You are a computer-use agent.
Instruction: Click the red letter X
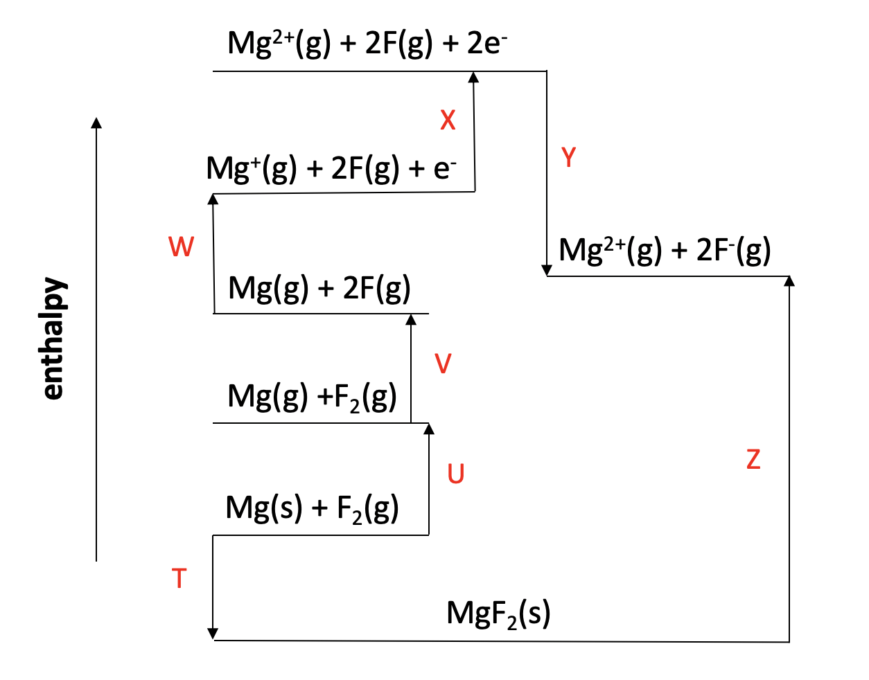click(x=448, y=120)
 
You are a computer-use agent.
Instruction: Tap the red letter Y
click(x=569, y=158)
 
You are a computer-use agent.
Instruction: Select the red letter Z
click(x=753, y=459)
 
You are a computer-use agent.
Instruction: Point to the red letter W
click(x=181, y=247)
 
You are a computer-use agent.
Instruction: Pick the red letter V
click(x=443, y=364)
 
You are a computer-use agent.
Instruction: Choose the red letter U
click(x=455, y=474)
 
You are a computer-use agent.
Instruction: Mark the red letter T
click(x=179, y=578)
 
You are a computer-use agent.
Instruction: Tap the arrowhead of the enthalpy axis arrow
click(x=96, y=123)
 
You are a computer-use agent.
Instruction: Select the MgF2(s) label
click(x=498, y=614)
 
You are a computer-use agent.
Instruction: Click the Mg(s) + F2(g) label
click(x=312, y=509)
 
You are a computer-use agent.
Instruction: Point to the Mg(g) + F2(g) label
click(x=312, y=397)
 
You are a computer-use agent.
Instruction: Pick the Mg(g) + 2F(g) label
click(x=319, y=288)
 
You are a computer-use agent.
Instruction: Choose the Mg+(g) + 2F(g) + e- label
click(x=331, y=168)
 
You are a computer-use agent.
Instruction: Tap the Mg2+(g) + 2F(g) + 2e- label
click(x=367, y=43)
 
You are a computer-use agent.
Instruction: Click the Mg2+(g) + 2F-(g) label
click(x=665, y=250)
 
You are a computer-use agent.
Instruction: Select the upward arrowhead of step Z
click(x=789, y=280)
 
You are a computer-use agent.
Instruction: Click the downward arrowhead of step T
click(x=213, y=634)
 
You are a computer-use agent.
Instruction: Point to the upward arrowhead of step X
click(x=474, y=76)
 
